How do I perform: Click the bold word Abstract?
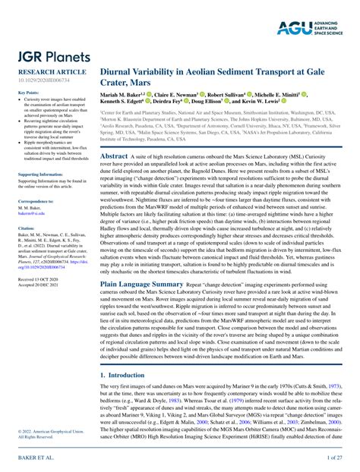point(114,156)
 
